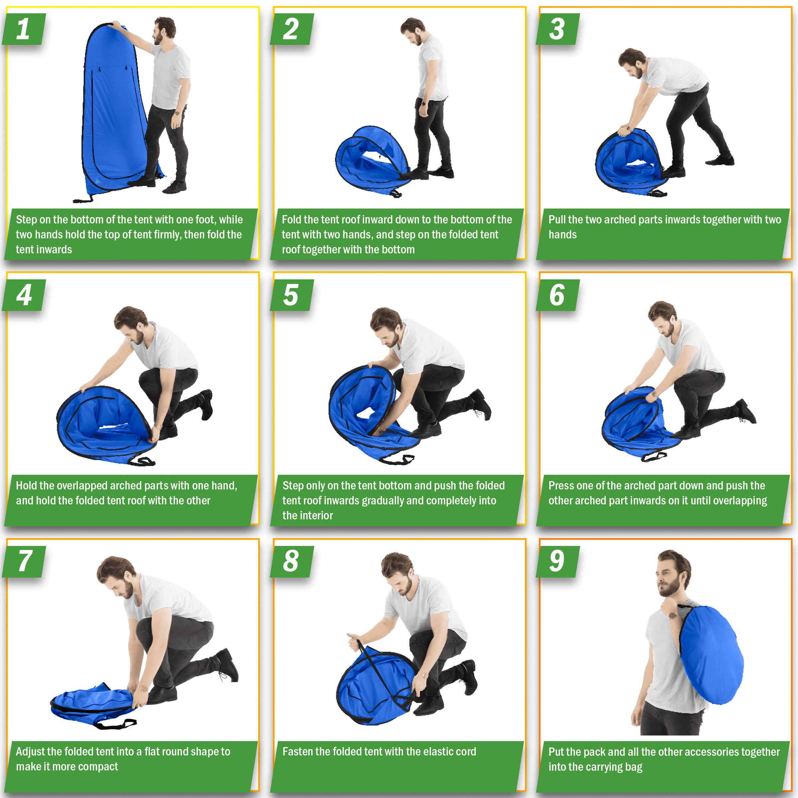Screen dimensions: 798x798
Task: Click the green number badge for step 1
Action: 24,29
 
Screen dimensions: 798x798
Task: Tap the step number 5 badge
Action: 292,295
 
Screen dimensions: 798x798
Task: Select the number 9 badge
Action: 558,561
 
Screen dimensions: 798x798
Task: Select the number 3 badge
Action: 558,29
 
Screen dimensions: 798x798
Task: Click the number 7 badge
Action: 24,561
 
